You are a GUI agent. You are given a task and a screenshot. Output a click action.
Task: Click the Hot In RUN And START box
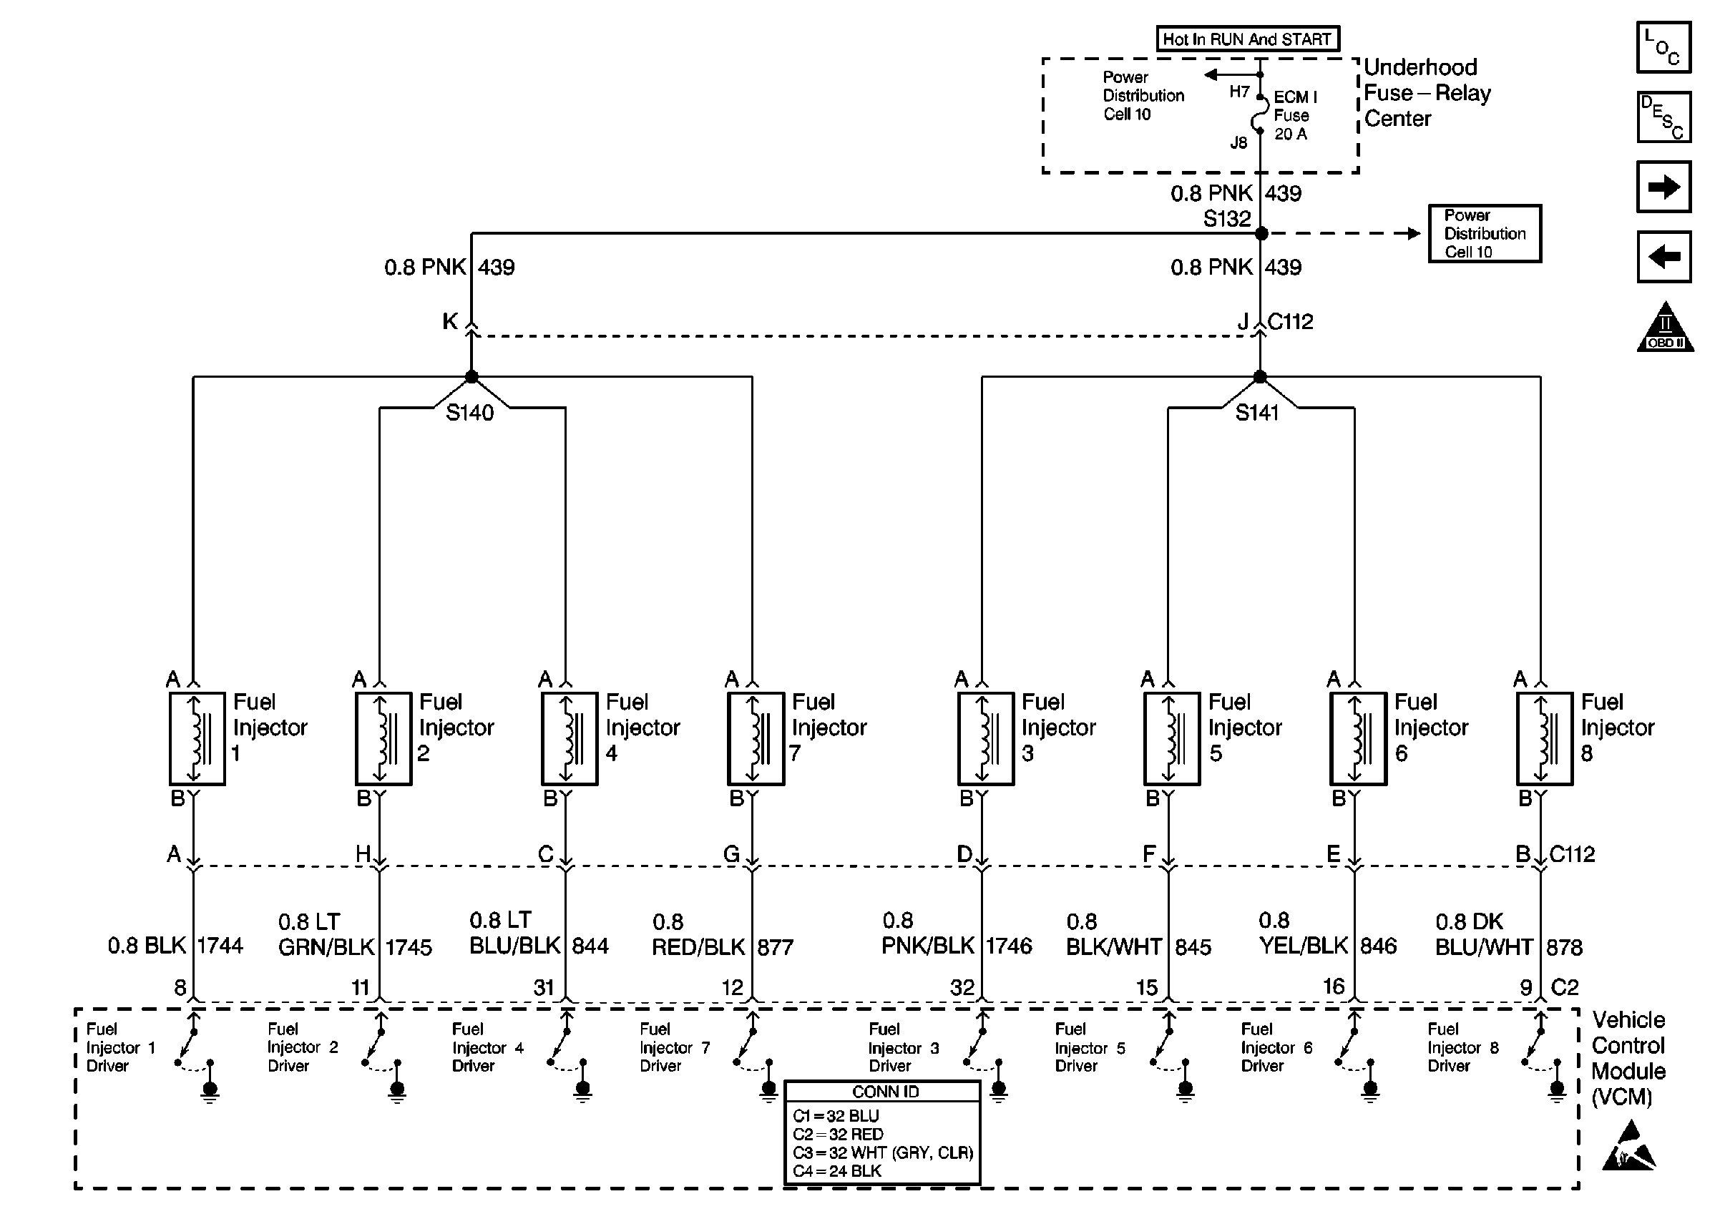1248,39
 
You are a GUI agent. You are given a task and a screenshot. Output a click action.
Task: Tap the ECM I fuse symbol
1260,114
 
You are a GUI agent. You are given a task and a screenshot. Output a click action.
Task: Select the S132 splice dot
1261,234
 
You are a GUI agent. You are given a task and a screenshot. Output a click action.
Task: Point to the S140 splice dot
471,376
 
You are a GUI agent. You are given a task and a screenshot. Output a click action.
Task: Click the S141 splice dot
1260,376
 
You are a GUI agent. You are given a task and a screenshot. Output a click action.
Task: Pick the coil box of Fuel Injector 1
197,738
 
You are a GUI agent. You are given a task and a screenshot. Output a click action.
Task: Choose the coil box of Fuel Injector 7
756,738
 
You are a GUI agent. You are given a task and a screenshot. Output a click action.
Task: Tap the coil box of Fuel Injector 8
1545,738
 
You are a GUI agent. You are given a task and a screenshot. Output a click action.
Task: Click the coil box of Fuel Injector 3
985,738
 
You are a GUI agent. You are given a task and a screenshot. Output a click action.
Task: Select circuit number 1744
220,946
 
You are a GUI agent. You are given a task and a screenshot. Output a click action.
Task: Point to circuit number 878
1564,947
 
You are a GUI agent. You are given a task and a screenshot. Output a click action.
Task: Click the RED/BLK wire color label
698,947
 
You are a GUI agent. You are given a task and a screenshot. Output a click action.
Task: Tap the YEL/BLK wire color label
1303,946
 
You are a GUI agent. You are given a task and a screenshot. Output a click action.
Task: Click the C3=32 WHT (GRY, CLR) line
882,1152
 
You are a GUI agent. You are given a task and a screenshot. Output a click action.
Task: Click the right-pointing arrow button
1664,186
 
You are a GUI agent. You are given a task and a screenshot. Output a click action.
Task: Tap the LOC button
1664,47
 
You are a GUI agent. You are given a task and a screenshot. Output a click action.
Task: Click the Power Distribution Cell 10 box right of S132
1485,234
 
